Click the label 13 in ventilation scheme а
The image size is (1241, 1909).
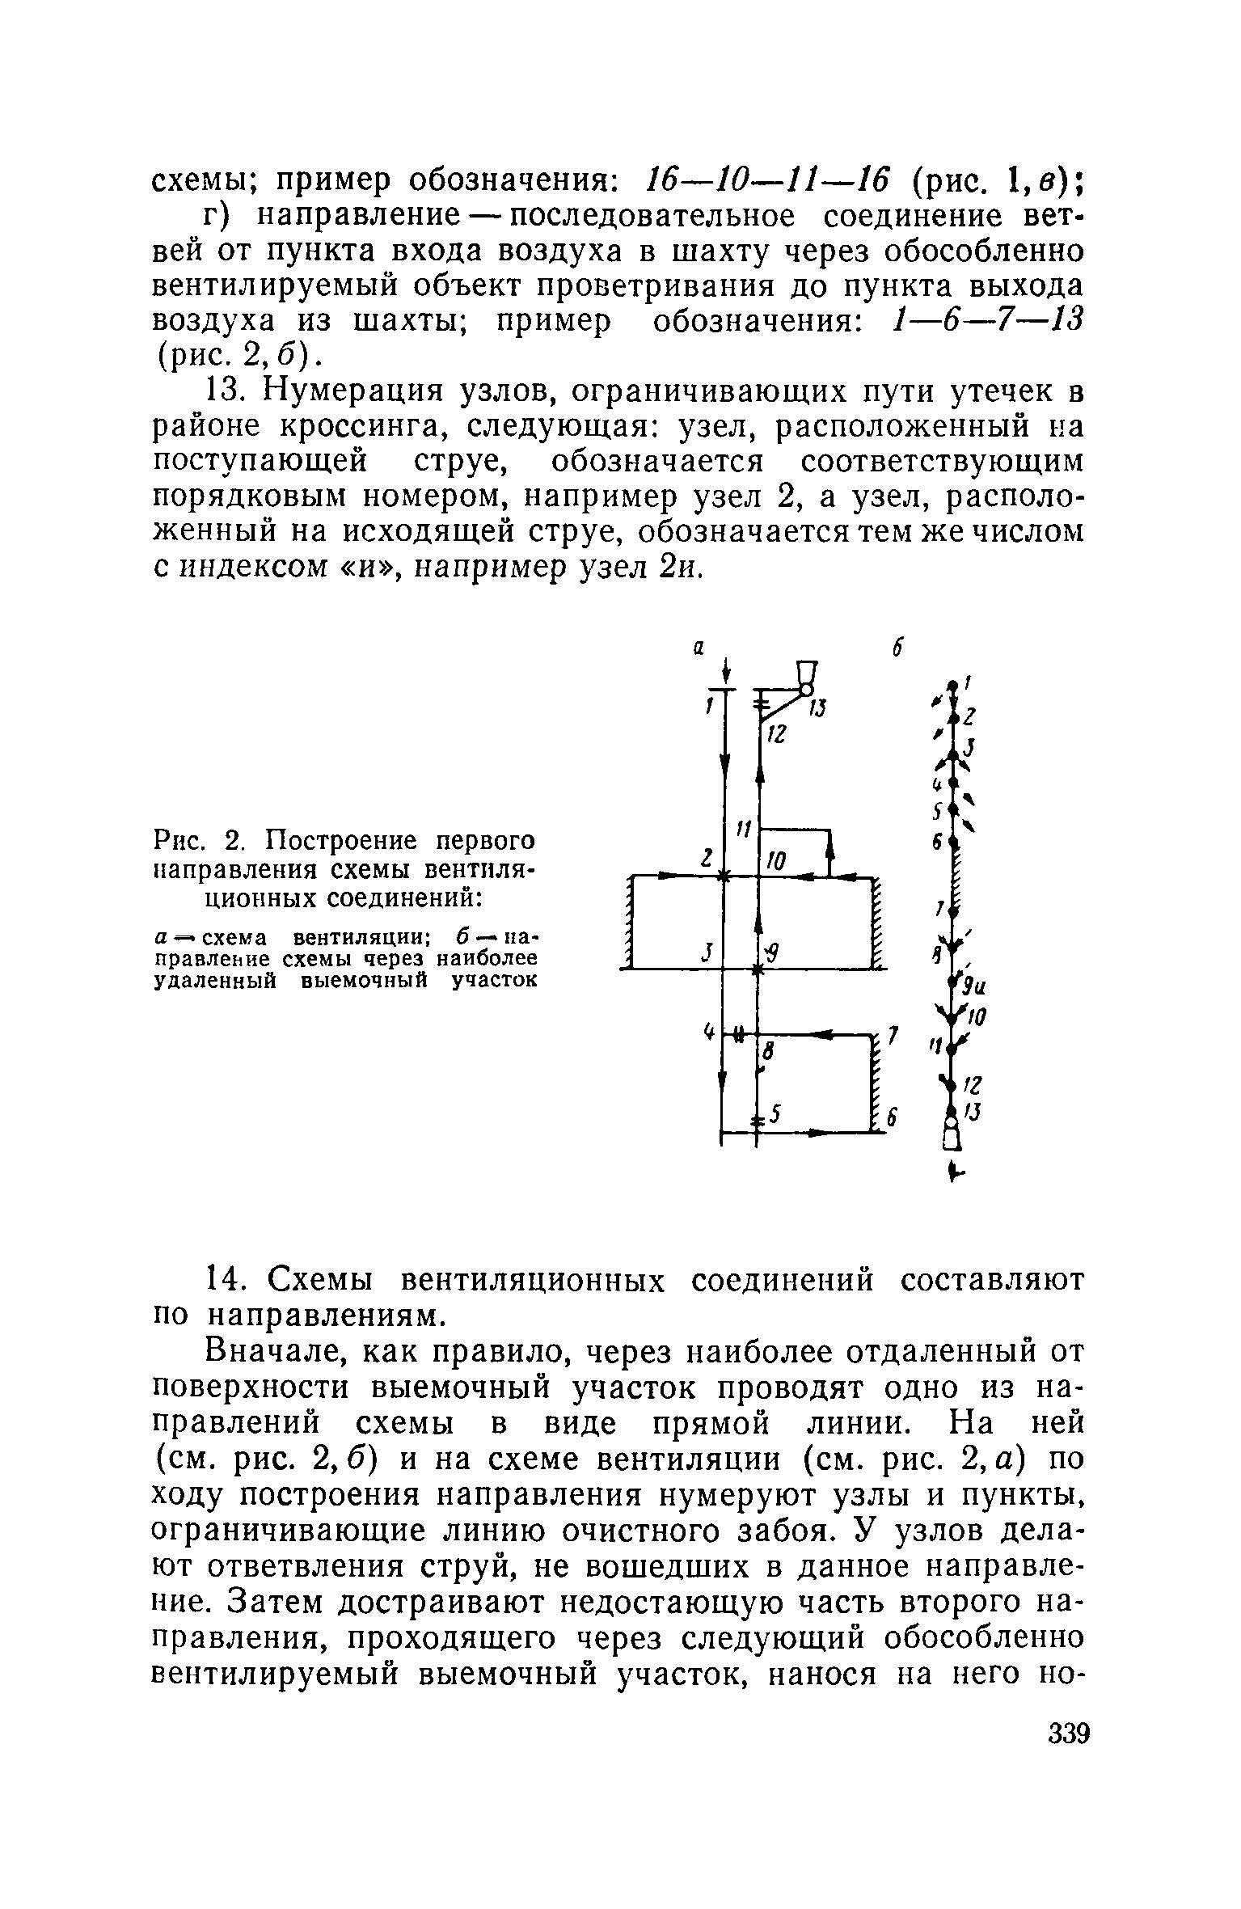[819, 708]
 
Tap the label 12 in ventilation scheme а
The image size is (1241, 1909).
[776, 734]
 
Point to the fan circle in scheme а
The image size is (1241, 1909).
[805, 689]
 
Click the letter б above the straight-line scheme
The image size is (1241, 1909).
[897, 648]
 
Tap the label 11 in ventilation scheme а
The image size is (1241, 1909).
[744, 830]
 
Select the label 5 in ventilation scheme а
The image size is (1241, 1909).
[775, 1115]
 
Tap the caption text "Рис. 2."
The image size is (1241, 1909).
[193, 842]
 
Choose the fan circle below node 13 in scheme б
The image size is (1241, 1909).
[952, 1125]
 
